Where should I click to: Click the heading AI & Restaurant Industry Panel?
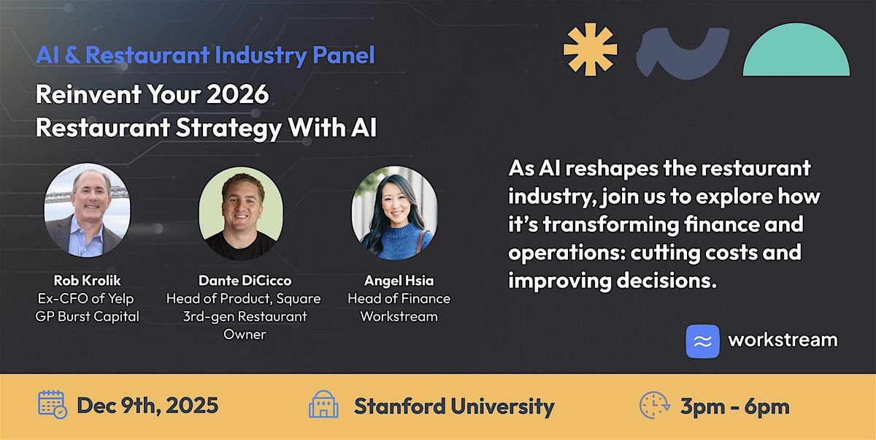point(205,55)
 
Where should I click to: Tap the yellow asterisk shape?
point(590,49)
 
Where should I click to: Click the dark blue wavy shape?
point(682,53)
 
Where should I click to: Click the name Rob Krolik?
point(87,281)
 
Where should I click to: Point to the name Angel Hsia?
point(398,281)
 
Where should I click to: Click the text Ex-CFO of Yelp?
point(87,298)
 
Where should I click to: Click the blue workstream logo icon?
point(702,341)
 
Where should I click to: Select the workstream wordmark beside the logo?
point(783,341)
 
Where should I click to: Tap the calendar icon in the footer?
point(52,405)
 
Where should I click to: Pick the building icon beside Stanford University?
point(323,405)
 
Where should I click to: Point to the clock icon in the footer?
point(654,405)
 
